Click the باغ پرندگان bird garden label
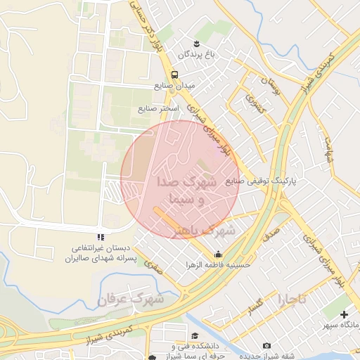coord(195,53)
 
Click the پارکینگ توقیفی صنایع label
coord(262,181)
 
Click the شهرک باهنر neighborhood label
coord(206,230)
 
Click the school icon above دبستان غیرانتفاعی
coord(101,237)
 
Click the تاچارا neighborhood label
coord(292,299)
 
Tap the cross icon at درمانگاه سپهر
coord(344,314)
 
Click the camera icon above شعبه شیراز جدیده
coord(266,345)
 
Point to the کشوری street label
coord(250,106)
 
